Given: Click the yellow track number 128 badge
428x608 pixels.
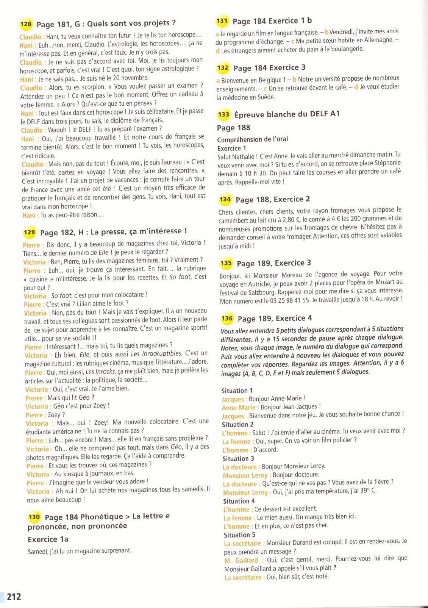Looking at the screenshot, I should click(26, 24).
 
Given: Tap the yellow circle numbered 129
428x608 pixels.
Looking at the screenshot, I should click(29, 232).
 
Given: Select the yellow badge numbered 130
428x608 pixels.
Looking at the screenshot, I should click(34, 517).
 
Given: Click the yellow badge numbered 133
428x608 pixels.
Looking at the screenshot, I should click(223, 114).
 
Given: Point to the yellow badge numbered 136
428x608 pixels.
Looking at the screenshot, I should click(227, 319).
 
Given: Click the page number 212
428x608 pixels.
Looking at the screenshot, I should click(14, 597).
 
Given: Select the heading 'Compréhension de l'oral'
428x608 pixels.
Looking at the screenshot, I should click(252, 139).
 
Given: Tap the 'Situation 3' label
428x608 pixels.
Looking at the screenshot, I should click(238, 458).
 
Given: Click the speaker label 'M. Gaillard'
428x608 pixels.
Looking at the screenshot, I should click(241, 560).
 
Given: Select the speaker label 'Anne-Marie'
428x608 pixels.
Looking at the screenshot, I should click(239, 408).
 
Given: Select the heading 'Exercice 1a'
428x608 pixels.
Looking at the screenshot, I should click(48, 539).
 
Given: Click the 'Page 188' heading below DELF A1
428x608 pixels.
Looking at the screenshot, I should click(233, 128).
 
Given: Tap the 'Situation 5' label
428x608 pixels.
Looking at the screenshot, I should click(239, 535).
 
